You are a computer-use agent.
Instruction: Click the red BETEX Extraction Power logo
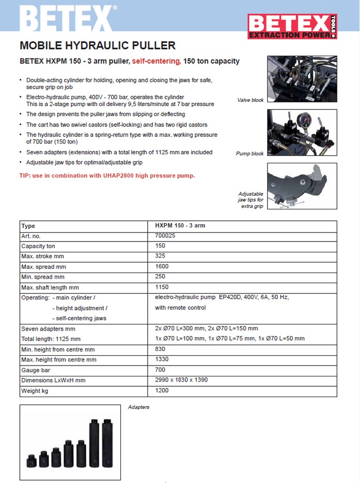293,26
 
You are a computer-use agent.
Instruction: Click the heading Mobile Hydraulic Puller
98,46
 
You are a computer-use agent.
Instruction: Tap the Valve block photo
302,79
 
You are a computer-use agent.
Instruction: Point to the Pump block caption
250,154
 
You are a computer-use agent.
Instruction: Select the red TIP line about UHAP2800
107,176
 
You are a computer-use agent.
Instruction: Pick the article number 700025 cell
165,236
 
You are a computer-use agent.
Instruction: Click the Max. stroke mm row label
42,257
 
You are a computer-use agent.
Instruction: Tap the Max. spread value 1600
162,266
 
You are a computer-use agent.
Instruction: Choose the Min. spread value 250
160,277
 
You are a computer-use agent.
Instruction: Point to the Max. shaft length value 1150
162,287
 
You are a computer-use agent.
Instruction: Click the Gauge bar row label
36,370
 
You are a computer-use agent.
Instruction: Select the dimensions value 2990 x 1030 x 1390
181,380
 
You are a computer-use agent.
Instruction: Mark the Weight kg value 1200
162,391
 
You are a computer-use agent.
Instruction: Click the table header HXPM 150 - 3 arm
180,226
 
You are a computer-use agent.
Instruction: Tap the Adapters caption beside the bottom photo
139,407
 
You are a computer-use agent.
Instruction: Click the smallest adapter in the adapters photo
32,460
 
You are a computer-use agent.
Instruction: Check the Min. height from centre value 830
160,350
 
